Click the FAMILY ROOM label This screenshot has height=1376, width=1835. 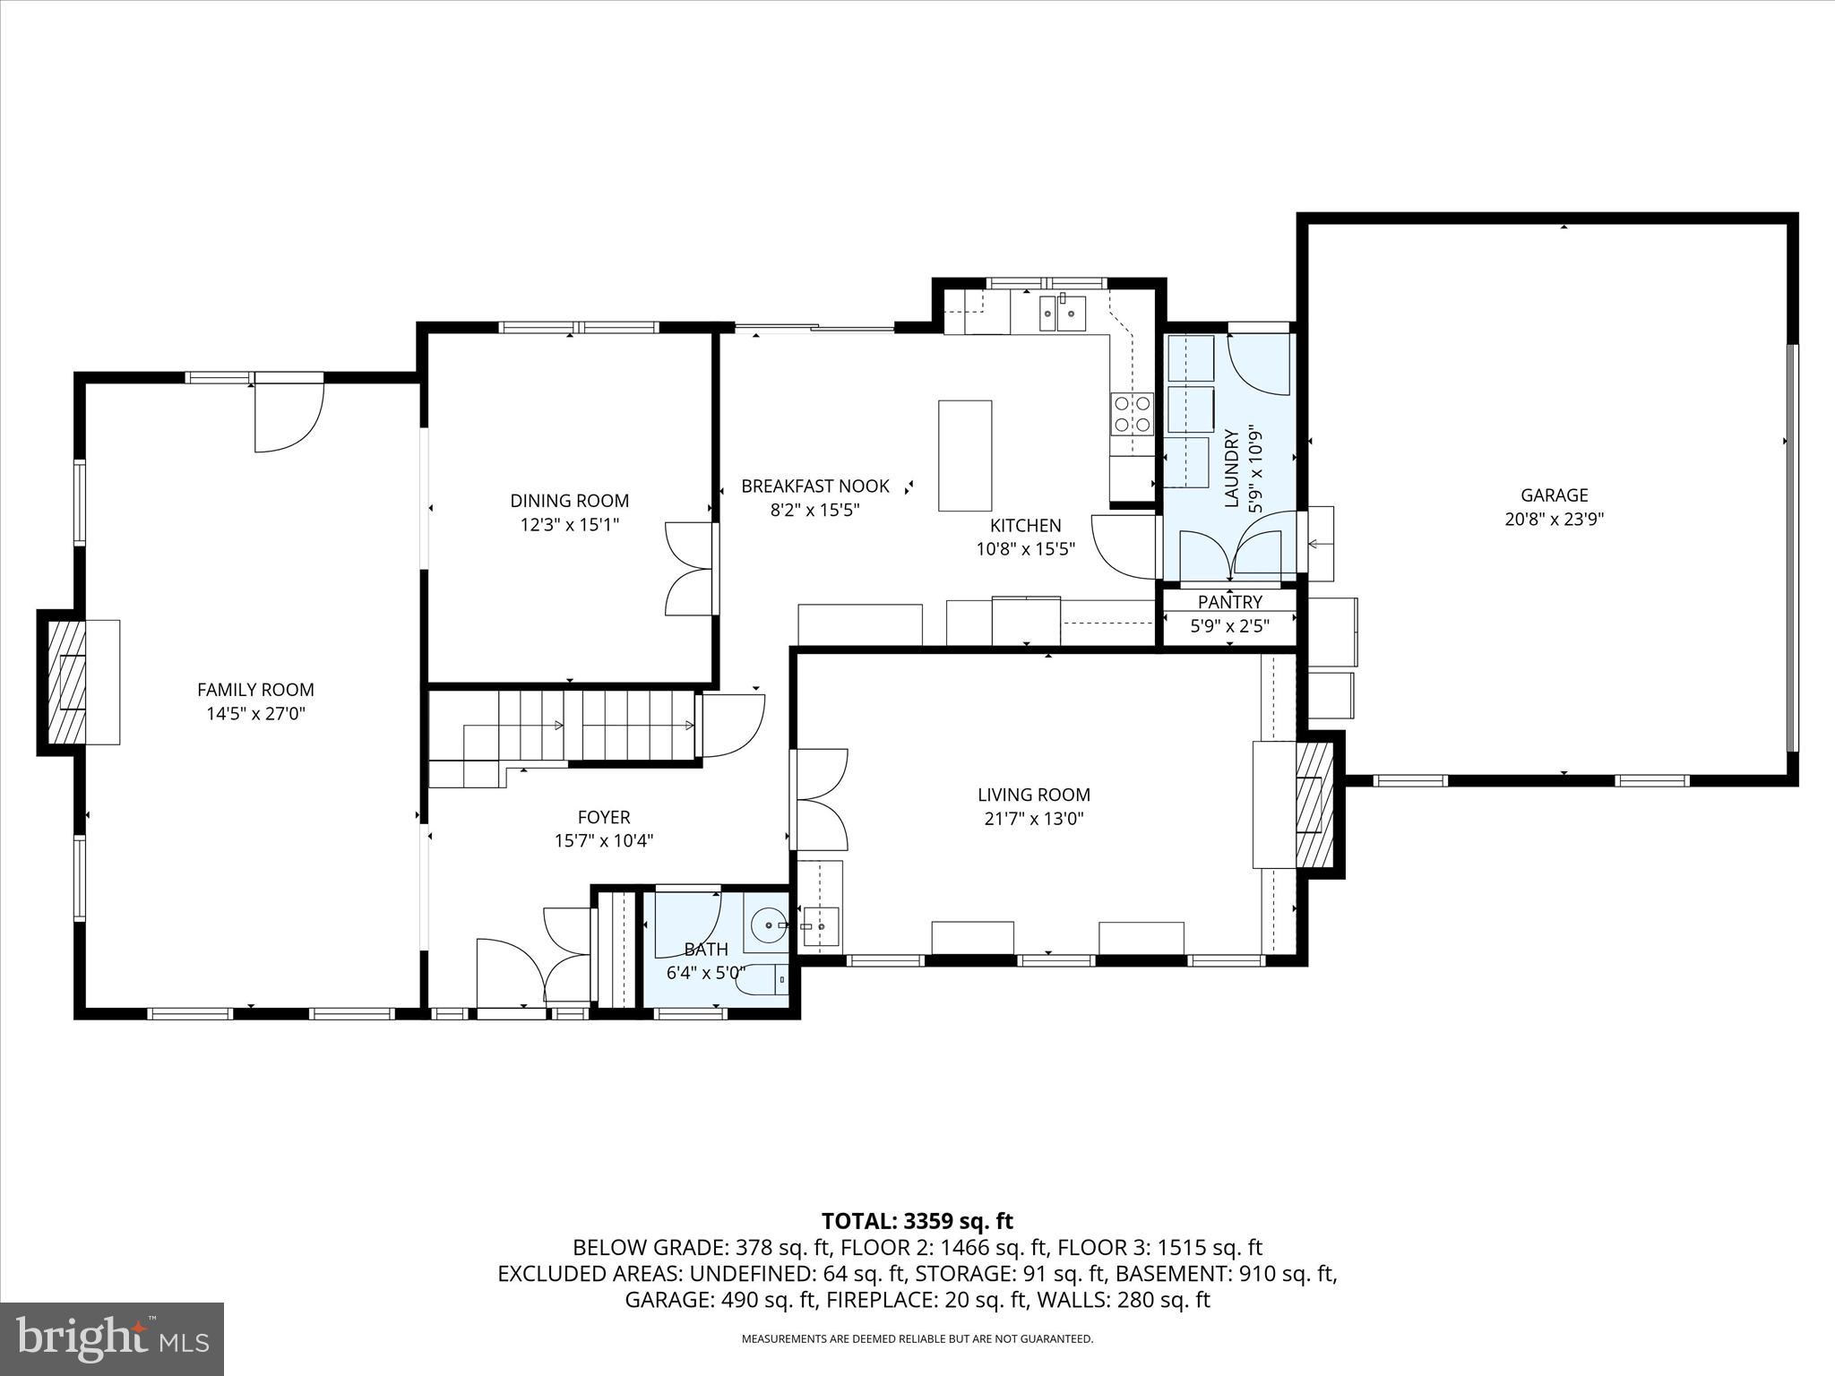pyautogui.click(x=255, y=690)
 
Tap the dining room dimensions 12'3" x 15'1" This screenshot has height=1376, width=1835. pyautogui.click(x=570, y=524)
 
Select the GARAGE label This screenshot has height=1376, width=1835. pyautogui.click(x=1554, y=494)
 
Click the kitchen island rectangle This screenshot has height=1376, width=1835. pyautogui.click(x=965, y=455)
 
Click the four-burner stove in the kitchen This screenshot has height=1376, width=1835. pyautogui.click(x=1132, y=415)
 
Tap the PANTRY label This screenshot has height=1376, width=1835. pyautogui.click(x=1229, y=602)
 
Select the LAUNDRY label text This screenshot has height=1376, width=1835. pyautogui.click(x=1231, y=469)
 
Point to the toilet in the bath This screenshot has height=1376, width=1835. pyautogui.click(x=762, y=980)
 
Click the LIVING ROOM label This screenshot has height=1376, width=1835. pyautogui.click(x=1033, y=795)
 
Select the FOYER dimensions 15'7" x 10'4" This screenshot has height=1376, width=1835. pyautogui.click(x=604, y=840)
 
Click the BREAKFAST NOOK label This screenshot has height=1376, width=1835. pyautogui.click(x=814, y=486)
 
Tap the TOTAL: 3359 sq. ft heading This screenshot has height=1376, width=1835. pyautogui.click(x=917, y=1221)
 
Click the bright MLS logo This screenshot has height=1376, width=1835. pyautogui.click(x=112, y=1339)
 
